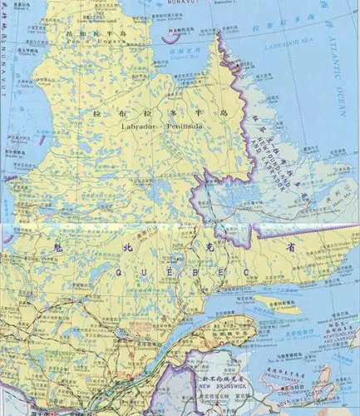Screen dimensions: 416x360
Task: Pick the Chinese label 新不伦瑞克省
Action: (x=218, y=378)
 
